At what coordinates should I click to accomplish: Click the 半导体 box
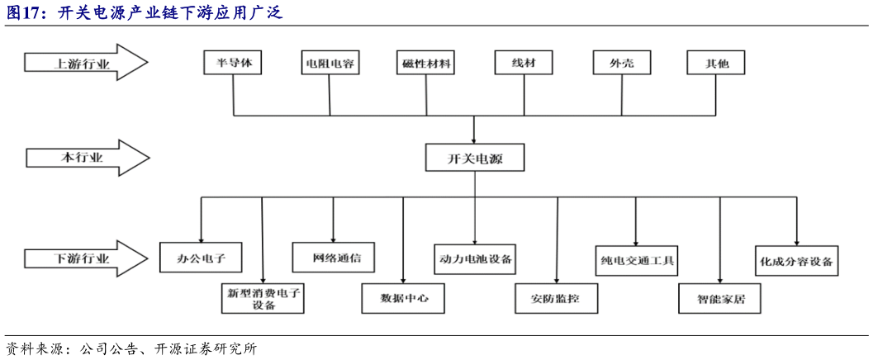coord(233,63)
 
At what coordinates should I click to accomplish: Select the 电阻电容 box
coord(330,63)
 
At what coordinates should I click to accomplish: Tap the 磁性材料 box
coord(427,63)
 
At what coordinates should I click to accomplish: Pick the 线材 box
coord(524,63)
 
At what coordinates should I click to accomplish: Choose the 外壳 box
coord(621,63)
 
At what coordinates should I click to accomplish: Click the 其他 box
coord(716,63)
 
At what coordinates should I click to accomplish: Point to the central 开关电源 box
coord(475,158)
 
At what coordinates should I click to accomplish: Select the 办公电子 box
coord(202,258)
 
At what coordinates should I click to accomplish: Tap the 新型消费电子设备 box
coord(263,297)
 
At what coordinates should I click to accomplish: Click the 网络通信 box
coord(333,257)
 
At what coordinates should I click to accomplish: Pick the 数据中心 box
coord(404,297)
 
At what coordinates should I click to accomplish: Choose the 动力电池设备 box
coord(476,258)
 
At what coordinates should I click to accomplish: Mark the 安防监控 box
coord(557,298)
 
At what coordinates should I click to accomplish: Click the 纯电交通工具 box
coord(636,261)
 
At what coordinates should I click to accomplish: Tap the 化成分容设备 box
coord(796,261)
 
